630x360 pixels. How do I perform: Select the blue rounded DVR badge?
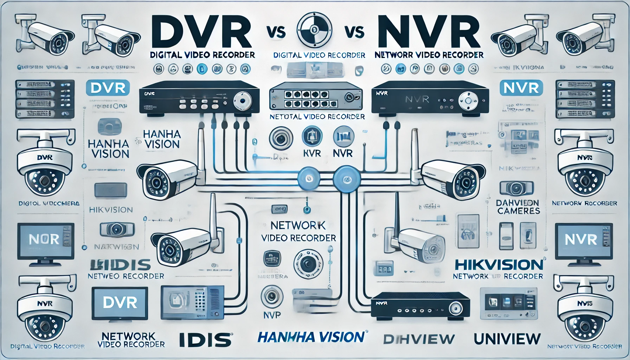click(x=108, y=88)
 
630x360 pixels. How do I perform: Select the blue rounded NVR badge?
click(x=521, y=88)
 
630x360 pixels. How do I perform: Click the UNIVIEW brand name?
click(x=507, y=339)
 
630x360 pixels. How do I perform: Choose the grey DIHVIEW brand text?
click(x=418, y=339)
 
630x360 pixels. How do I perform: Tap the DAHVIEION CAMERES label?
click(x=518, y=207)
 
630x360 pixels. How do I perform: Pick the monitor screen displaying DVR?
click(x=120, y=303)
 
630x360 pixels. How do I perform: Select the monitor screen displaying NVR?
click(x=581, y=240)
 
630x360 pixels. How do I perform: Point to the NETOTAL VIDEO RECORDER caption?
click(x=317, y=117)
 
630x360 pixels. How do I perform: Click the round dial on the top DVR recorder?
click(x=242, y=100)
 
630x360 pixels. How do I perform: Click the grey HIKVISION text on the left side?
click(x=111, y=210)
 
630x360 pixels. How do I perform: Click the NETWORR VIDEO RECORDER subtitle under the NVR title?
click(x=429, y=55)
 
